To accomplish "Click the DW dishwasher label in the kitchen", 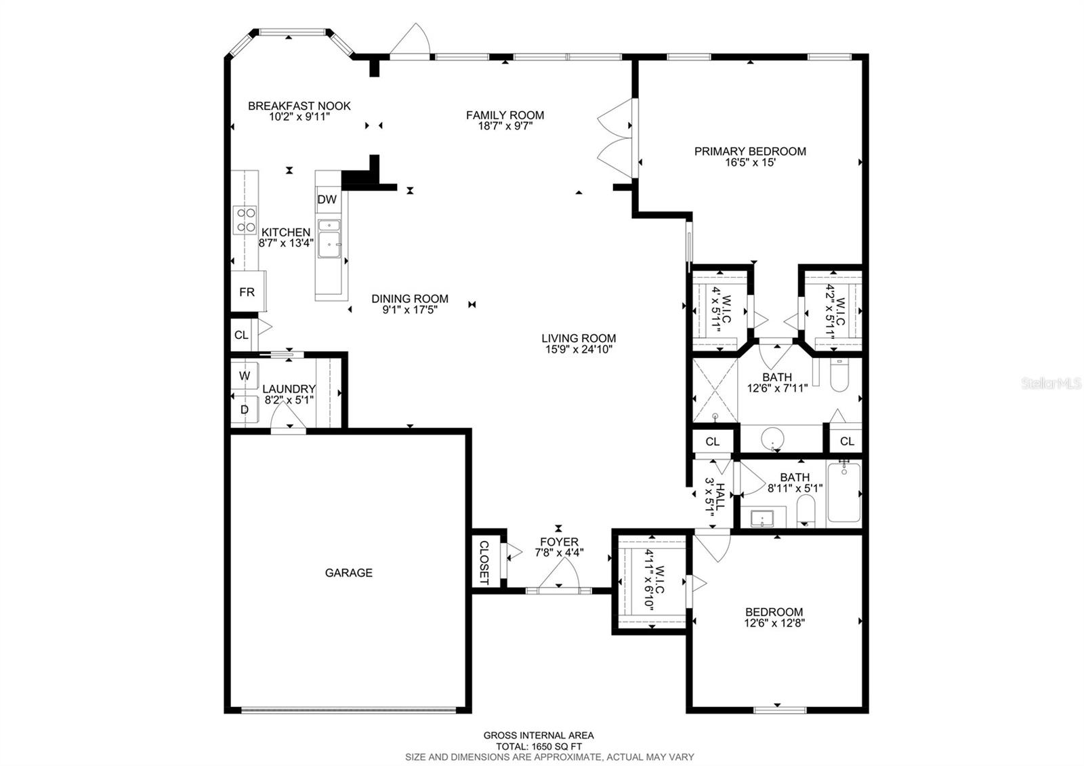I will tap(327, 199).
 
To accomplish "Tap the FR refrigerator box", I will tap(247, 292).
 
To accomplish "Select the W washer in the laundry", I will tap(245, 376).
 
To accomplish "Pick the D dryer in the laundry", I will tap(245, 409).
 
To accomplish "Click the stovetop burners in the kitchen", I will tap(245, 220).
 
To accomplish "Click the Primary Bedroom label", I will tap(750, 151).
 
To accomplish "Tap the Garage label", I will tap(348, 573).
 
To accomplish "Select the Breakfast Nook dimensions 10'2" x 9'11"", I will tap(299, 116).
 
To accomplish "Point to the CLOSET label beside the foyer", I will tap(484, 562).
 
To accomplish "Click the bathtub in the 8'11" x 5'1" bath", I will tap(843, 492).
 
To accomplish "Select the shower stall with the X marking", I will tap(714, 391).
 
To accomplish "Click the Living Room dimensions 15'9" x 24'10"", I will tap(579, 350).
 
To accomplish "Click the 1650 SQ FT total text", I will tap(538, 746).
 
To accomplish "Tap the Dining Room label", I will tap(409, 298).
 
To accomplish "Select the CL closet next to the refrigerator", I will tap(241, 335).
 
